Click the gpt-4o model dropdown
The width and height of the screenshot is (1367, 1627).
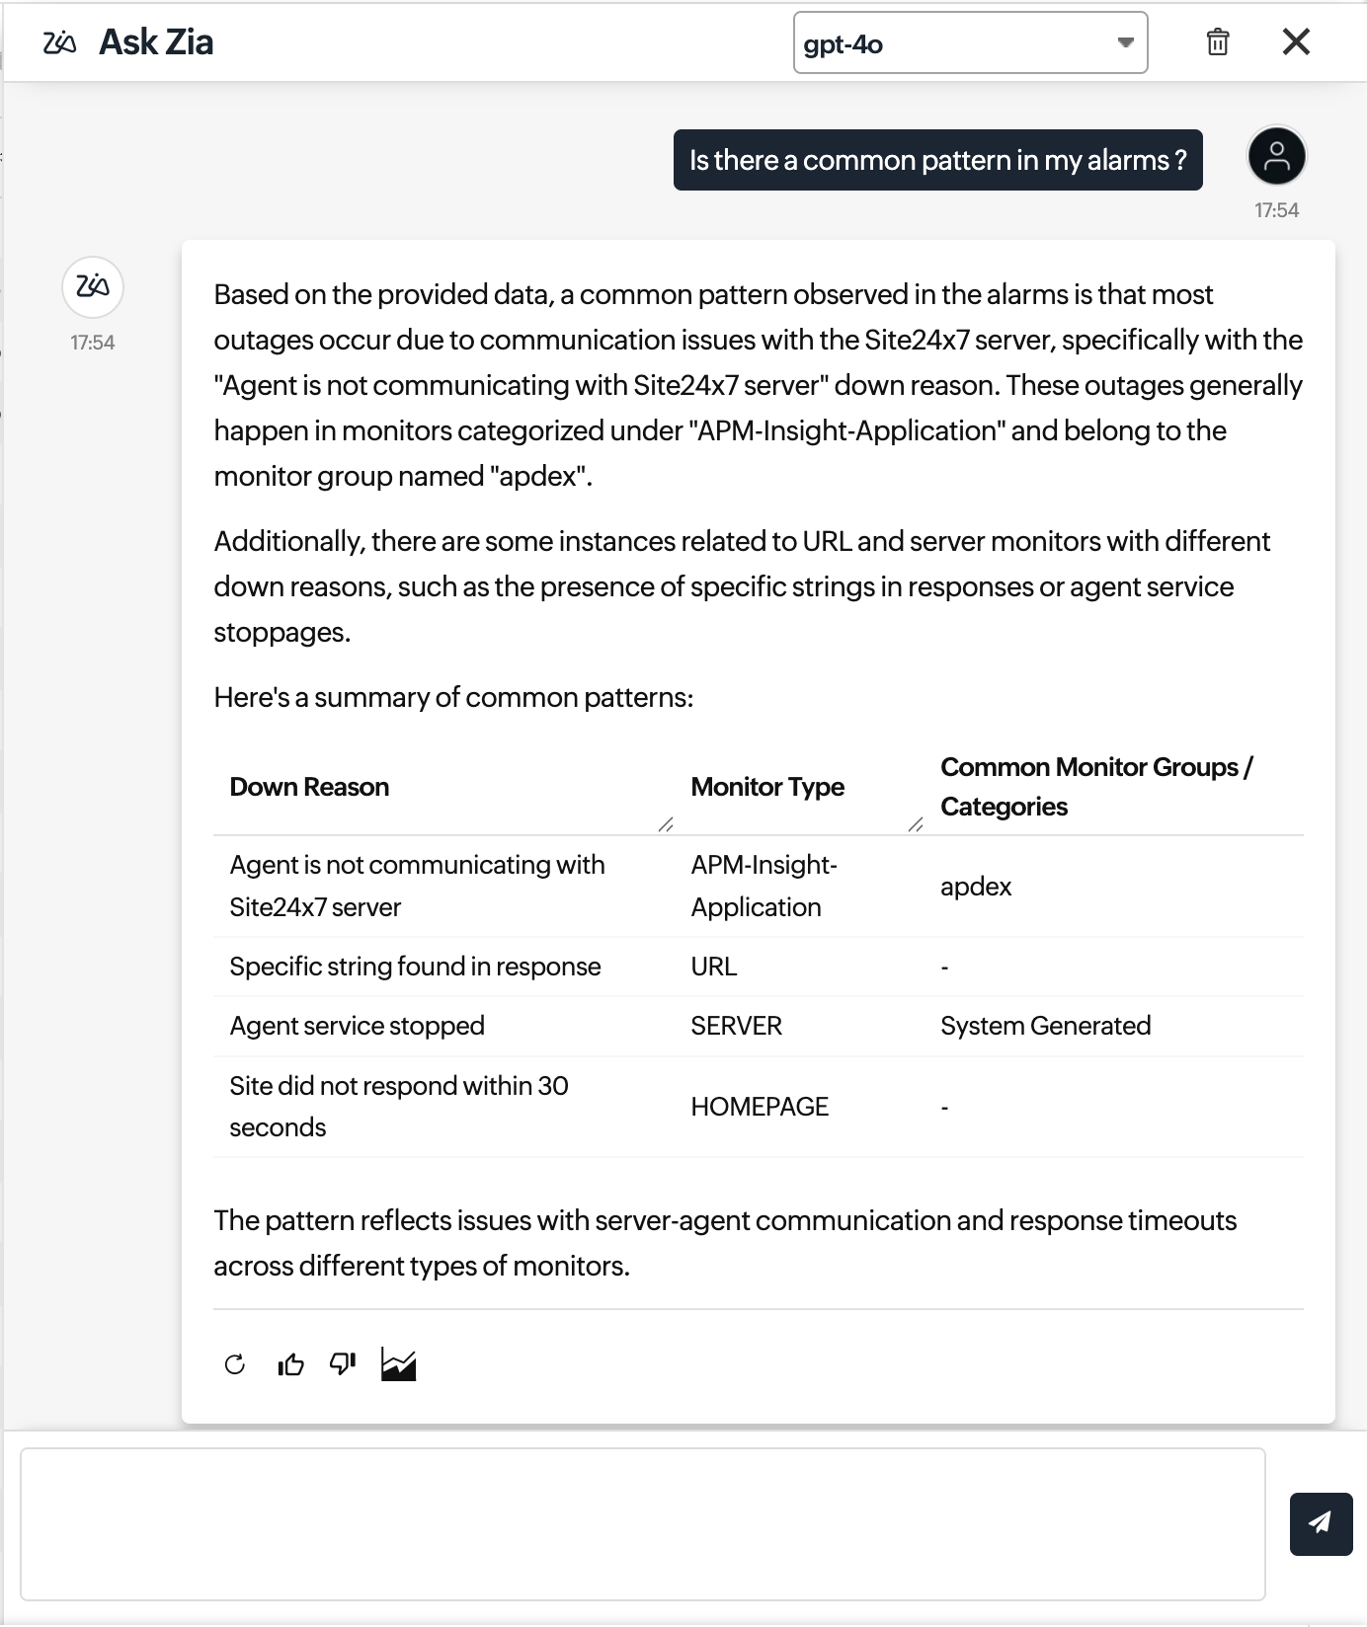[969, 42]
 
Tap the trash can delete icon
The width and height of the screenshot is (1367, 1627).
[1217, 42]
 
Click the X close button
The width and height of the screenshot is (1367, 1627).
[1295, 41]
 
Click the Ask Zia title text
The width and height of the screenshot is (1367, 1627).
[156, 42]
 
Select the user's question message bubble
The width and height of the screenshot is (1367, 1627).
[937, 160]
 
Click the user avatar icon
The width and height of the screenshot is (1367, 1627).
[1276, 156]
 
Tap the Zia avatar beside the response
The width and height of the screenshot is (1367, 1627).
[93, 286]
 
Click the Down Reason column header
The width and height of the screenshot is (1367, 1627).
[309, 787]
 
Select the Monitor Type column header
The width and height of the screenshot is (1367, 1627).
[767, 787]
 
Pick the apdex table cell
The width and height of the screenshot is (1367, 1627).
[976, 887]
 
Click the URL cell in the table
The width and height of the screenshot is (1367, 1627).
[714, 967]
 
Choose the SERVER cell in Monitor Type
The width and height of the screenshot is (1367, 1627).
[736, 1026]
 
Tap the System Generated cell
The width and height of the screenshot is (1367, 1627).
[1045, 1026]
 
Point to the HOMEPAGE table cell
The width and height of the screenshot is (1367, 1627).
[760, 1107]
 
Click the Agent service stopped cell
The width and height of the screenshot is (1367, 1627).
[357, 1026]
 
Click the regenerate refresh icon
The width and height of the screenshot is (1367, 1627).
[235, 1364]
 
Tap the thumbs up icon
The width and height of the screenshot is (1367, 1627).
[290, 1364]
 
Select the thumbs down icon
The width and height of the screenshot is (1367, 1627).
[343, 1363]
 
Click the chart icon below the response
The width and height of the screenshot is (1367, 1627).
[398, 1364]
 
